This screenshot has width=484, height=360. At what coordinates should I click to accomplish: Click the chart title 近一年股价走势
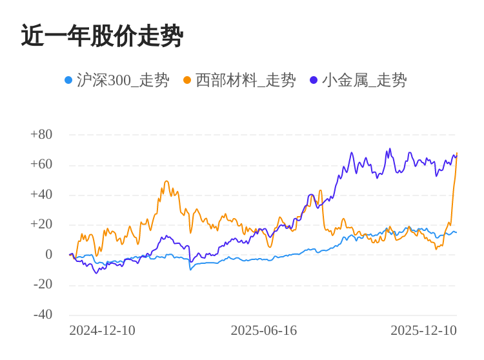coord(102,36)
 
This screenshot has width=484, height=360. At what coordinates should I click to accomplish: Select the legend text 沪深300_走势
coord(123,81)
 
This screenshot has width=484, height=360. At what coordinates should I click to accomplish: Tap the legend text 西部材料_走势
coord(245,81)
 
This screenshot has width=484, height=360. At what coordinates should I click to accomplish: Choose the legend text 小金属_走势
coord(364,81)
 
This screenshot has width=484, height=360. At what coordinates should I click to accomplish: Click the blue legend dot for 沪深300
coord(68,80)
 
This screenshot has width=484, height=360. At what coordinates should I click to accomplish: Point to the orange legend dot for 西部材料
coord(187,80)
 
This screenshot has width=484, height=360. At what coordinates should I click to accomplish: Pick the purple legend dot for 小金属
coord(314,80)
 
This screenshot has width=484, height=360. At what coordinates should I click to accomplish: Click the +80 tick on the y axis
coord(41,135)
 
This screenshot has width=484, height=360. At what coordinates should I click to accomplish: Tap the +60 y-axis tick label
coord(41,165)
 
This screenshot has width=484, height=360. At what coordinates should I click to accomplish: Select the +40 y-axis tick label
coord(41,195)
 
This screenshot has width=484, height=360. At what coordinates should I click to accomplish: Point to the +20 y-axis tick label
coord(41,225)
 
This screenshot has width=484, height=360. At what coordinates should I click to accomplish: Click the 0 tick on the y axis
coord(48,255)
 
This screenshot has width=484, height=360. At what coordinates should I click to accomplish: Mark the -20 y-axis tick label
coord(43,285)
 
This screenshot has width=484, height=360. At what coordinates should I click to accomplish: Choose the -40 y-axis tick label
coord(43,315)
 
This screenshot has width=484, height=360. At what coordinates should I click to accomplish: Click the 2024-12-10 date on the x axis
coord(102,330)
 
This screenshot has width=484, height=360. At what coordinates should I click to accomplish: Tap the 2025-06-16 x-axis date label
coord(263,330)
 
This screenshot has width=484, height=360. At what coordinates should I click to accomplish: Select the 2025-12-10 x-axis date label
coord(423,330)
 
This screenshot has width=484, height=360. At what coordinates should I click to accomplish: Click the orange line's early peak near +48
coord(166,181)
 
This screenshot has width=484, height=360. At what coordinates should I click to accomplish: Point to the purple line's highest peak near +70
coord(390,149)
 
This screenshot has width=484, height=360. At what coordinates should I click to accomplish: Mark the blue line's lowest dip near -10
coord(190,269)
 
